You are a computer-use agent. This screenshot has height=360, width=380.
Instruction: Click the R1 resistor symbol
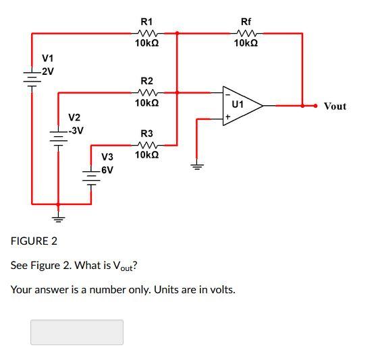[x=146, y=32]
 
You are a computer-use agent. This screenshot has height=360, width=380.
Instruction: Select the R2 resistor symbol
[x=146, y=92]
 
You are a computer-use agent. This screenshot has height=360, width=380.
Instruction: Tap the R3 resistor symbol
[x=146, y=144]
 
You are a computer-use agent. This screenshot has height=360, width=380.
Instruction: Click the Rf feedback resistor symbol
[x=246, y=32]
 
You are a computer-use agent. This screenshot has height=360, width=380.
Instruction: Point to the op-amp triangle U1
[x=240, y=105]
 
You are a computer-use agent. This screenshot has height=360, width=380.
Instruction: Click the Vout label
[x=335, y=107]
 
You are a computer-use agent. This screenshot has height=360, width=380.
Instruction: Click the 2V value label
[x=47, y=71]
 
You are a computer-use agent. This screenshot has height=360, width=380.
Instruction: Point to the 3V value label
[x=76, y=130]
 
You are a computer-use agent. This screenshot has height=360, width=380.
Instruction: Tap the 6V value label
[x=106, y=170]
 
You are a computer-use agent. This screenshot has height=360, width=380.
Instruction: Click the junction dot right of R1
[x=177, y=32]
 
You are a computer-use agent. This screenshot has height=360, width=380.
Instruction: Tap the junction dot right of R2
[x=177, y=92]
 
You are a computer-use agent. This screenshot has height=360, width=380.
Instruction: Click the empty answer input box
[x=77, y=332]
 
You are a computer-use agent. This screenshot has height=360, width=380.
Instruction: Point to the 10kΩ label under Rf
[x=246, y=43]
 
